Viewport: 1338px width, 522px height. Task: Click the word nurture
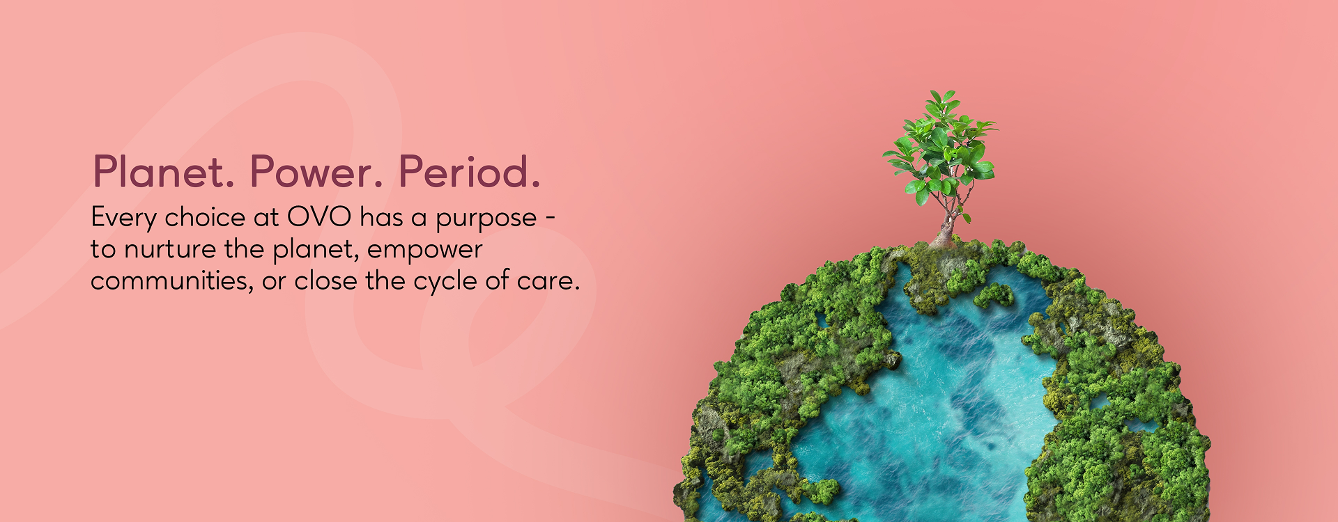pyautogui.click(x=170, y=250)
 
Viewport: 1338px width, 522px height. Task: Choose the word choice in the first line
pyautogui.click(x=205, y=217)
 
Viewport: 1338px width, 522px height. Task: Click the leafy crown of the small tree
pyautogui.click(x=941, y=146)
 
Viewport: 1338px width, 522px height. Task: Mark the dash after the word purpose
pyautogui.click(x=550, y=218)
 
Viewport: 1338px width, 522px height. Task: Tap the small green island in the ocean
pyautogui.click(x=993, y=295)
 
